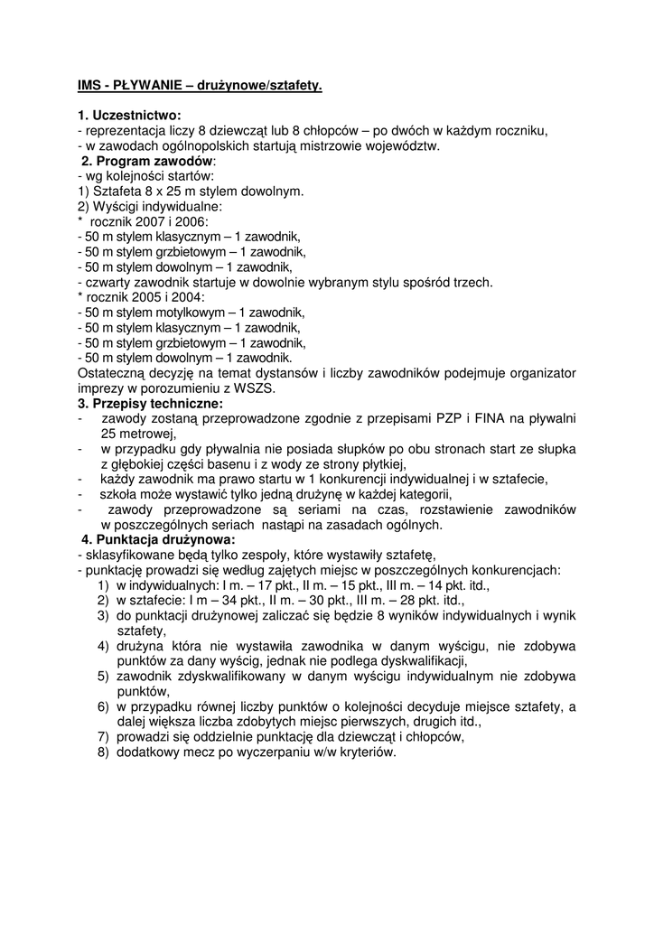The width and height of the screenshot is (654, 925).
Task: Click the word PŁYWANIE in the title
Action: coord(146,87)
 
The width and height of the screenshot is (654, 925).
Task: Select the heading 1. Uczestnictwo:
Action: coord(129,116)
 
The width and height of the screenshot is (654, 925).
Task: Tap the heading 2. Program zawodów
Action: coord(146,160)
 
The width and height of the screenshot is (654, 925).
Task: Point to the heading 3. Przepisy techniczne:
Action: coord(150,403)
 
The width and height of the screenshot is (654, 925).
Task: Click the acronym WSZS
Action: coord(252,388)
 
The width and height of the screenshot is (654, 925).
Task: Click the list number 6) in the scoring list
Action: coord(103,706)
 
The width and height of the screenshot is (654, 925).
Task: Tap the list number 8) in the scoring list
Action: coord(103,752)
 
